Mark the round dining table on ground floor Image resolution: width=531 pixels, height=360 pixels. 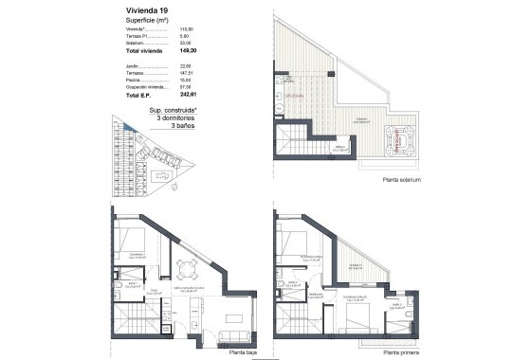pos(188,268)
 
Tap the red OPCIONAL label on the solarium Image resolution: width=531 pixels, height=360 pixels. pos(284,96)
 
